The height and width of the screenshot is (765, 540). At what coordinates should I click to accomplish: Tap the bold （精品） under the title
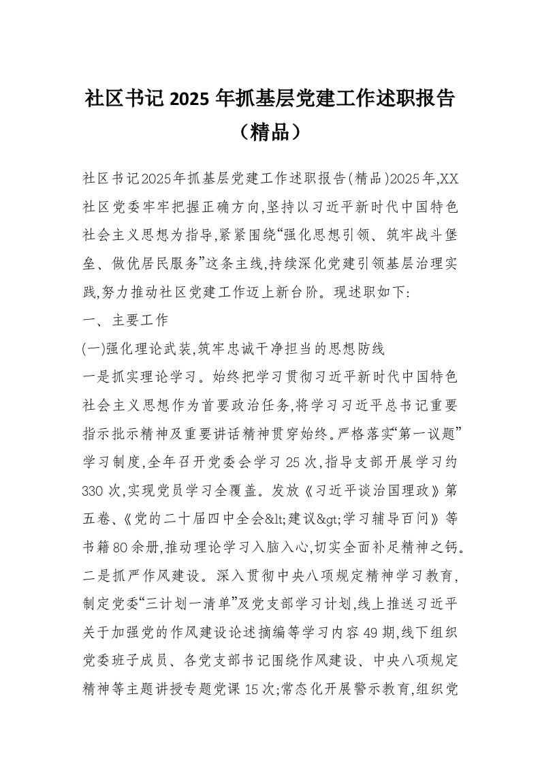pos(270,132)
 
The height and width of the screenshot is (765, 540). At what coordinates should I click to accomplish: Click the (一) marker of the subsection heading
pos(93,350)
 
